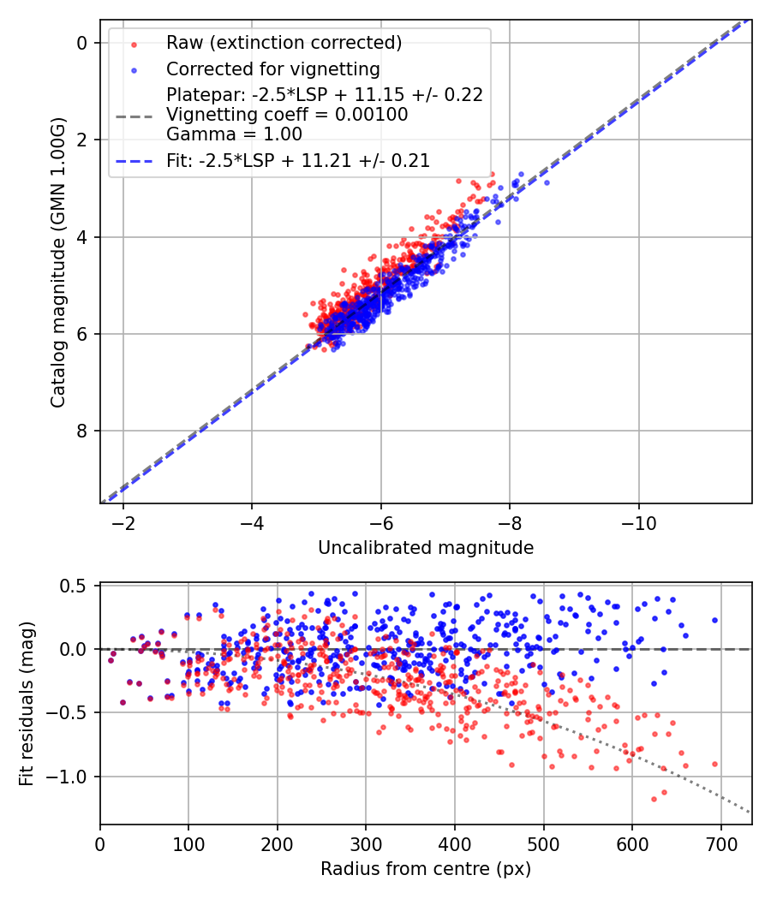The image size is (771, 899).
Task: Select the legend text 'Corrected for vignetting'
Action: (x=272, y=68)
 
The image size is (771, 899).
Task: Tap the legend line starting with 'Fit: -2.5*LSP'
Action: (x=297, y=160)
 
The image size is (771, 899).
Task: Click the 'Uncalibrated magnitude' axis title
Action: (x=426, y=548)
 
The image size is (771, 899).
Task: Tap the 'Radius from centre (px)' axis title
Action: (x=426, y=869)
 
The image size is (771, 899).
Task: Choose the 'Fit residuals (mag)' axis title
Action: (x=27, y=704)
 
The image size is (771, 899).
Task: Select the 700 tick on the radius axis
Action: (x=720, y=842)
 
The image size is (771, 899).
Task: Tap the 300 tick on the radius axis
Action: (x=366, y=842)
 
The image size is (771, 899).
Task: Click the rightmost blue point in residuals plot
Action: (x=714, y=620)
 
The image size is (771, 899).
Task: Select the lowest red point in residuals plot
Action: (x=654, y=799)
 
